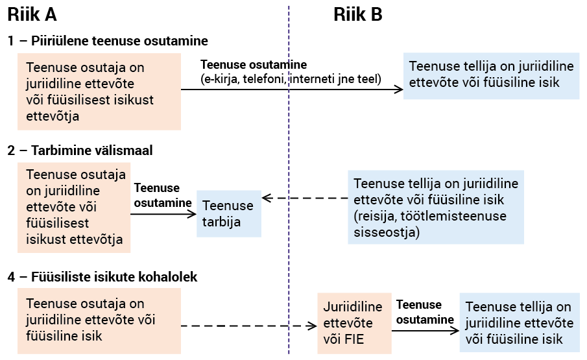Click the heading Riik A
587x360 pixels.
pos(32,14)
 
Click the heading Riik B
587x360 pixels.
pos(358,14)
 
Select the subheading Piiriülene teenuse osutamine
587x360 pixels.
pos(119,41)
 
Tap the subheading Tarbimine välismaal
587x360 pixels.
pos(91,150)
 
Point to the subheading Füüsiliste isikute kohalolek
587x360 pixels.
pos(114,277)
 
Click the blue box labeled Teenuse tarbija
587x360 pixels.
pos(229,213)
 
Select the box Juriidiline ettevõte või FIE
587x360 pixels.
pos(354,323)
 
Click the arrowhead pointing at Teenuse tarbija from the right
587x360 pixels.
pos(267,198)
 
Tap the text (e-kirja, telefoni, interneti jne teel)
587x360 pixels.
pos(291,79)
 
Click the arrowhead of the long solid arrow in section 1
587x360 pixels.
pos(399,90)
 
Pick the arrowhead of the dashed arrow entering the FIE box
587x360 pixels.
pos(312,326)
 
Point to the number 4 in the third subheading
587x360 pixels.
pos(12,277)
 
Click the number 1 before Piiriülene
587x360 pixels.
pos(11,41)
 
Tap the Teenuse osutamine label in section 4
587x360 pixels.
pos(425,312)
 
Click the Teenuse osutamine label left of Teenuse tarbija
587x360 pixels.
pos(163,195)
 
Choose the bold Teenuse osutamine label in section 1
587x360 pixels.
pos(254,65)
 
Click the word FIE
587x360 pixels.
pos(353,339)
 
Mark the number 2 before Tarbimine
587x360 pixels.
pos(11,150)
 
